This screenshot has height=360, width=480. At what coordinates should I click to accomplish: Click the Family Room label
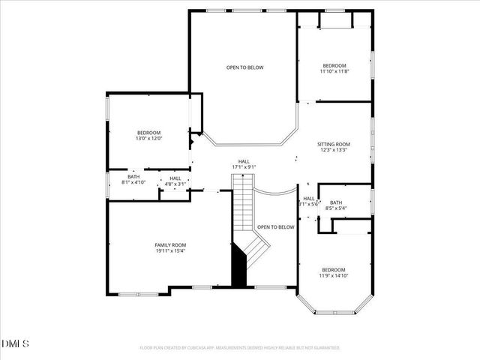point(170,245)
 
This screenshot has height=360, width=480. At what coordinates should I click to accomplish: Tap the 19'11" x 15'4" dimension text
point(170,251)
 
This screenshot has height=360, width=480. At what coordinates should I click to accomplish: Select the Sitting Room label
point(334,144)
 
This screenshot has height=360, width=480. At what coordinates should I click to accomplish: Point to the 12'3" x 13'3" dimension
point(334,150)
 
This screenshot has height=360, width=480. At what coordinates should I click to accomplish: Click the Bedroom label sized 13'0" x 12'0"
point(149,133)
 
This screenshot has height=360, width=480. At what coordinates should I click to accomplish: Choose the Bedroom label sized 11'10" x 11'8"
point(334,65)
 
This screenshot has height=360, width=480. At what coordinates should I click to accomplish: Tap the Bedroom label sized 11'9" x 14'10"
point(334,270)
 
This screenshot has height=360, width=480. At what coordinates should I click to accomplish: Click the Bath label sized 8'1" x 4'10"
point(133,176)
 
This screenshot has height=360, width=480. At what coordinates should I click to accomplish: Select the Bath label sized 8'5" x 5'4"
point(336,202)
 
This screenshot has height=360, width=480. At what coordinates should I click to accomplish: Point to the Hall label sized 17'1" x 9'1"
point(244,161)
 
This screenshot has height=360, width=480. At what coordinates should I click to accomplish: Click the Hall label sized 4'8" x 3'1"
point(175,178)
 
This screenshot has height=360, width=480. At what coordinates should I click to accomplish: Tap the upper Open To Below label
point(245,67)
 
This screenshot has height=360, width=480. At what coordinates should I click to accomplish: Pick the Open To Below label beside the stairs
point(275,226)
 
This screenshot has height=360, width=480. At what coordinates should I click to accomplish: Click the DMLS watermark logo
point(16,344)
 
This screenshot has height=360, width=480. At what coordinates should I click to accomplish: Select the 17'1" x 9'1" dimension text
point(244,167)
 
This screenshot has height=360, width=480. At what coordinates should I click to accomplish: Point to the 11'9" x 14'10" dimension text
point(334,276)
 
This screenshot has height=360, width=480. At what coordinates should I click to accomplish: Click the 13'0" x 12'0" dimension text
point(149,139)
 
